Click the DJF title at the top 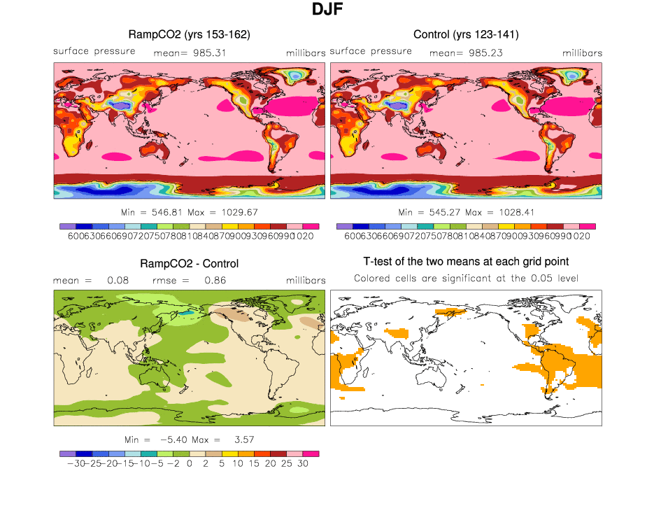(327, 10)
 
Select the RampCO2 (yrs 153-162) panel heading (190, 34)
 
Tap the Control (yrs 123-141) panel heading (466, 34)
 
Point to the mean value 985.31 (208, 52)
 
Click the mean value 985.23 (484, 52)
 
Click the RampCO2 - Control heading (190, 264)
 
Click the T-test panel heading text (466, 262)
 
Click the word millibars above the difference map (306, 281)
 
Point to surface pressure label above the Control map (371, 51)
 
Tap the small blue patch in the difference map (184, 314)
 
